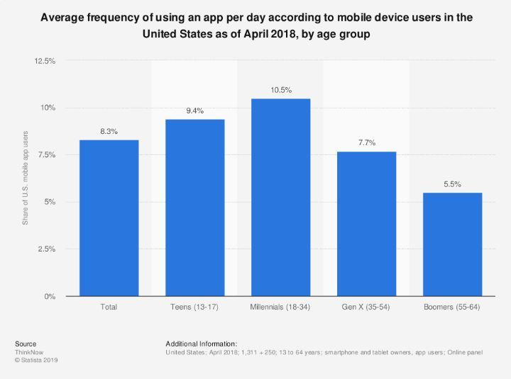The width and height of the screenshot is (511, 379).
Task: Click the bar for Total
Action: (x=109, y=218)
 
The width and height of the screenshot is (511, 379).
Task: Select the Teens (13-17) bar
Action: (x=194, y=208)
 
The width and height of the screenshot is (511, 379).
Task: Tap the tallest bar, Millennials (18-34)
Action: (x=280, y=198)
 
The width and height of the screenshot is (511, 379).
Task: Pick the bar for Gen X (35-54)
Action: (x=366, y=224)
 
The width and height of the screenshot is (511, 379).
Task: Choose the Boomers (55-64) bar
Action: (x=452, y=244)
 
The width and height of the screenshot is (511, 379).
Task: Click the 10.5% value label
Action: (x=280, y=91)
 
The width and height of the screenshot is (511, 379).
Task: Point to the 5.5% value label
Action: (x=452, y=185)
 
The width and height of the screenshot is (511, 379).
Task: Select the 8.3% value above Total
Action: (x=109, y=132)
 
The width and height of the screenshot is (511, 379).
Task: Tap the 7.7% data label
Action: (x=366, y=144)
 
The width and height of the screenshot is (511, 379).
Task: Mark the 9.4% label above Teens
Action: (x=194, y=111)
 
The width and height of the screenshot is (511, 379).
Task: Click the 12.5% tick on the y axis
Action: (x=45, y=61)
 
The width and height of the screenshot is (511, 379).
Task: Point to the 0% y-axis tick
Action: (x=49, y=296)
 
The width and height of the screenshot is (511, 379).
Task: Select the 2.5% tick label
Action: (x=46, y=249)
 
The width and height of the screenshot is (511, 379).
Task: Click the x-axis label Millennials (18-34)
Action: (x=280, y=307)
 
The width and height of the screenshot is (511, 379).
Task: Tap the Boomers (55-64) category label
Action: (x=452, y=307)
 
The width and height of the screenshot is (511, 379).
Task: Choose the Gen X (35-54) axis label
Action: (x=366, y=307)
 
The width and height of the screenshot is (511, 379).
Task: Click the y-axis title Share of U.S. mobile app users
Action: (x=26, y=179)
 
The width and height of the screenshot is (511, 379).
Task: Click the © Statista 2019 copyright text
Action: (x=36, y=360)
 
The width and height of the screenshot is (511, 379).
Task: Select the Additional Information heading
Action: (x=201, y=344)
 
